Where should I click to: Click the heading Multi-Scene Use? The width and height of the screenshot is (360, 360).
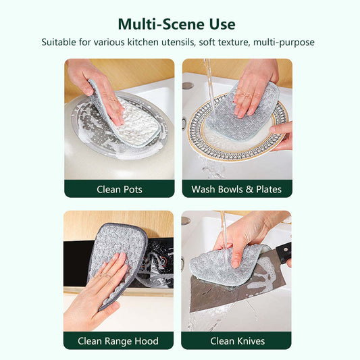pyautogui.click(x=176, y=24)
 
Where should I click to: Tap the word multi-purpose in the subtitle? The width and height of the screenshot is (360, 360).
pyautogui.click(x=284, y=43)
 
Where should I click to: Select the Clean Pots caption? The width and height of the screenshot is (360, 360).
pyautogui.click(x=120, y=189)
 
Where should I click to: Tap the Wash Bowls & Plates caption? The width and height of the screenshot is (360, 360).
pyautogui.click(x=236, y=189)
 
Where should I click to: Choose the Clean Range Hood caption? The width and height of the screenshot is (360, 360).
pyautogui.click(x=118, y=341)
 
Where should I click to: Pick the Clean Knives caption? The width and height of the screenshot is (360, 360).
pyautogui.click(x=237, y=341)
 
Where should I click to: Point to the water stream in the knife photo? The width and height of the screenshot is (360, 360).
pyautogui.click(x=224, y=232)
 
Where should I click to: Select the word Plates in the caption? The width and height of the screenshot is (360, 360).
pyautogui.click(x=269, y=189)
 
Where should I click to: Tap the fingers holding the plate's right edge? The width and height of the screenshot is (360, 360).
pyautogui.click(x=282, y=136)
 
